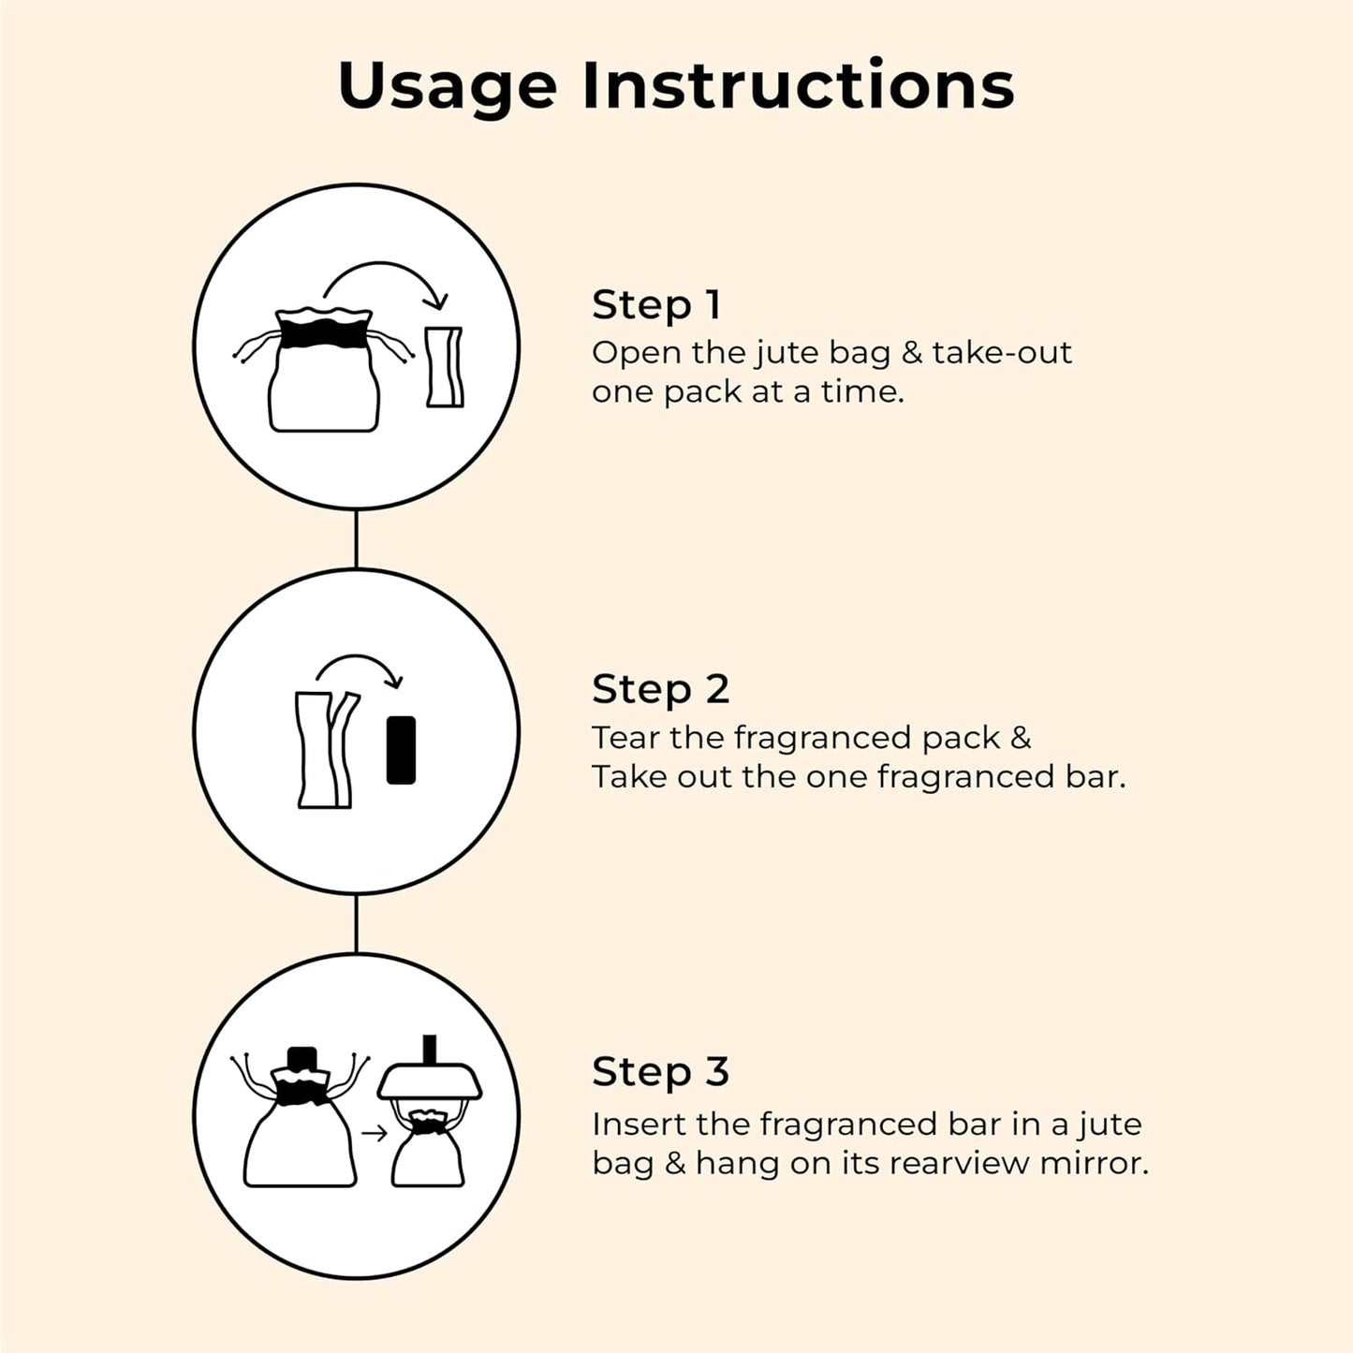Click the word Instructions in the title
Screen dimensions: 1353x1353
pos(799,85)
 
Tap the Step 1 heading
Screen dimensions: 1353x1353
pos(656,305)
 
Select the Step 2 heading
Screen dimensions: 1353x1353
pos(661,689)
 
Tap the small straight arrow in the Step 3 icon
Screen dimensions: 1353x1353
pos(375,1133)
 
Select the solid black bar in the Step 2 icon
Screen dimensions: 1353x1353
pos(401,750)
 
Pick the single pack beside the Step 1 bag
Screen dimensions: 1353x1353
pos(445,367)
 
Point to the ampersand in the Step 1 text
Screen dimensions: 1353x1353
pos(911,353)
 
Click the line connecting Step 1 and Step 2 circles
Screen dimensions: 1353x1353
pos(356,539)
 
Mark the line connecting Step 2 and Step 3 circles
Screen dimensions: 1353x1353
pos(356,923)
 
